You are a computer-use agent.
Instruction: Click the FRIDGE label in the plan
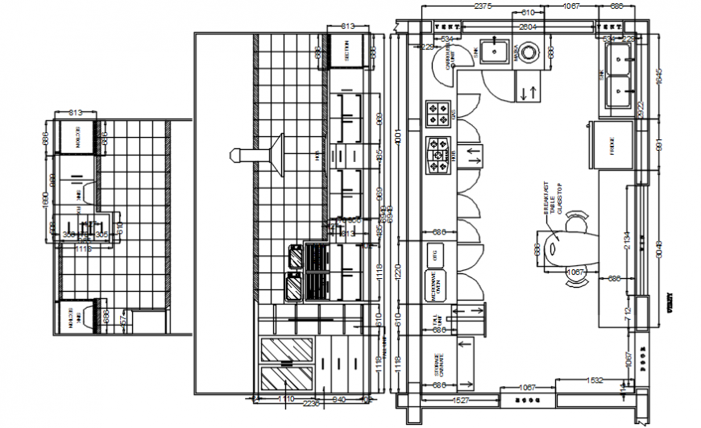point(612,147)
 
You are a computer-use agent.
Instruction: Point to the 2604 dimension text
point(528,27)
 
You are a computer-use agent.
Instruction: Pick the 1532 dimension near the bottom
point(595,380)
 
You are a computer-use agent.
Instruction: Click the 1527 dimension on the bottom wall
point(461,400)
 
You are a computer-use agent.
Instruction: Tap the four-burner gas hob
point(438,113)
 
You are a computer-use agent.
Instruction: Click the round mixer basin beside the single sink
point(528,52)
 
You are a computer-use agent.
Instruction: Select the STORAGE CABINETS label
point(438,364)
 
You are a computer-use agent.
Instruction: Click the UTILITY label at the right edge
point(670,301)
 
